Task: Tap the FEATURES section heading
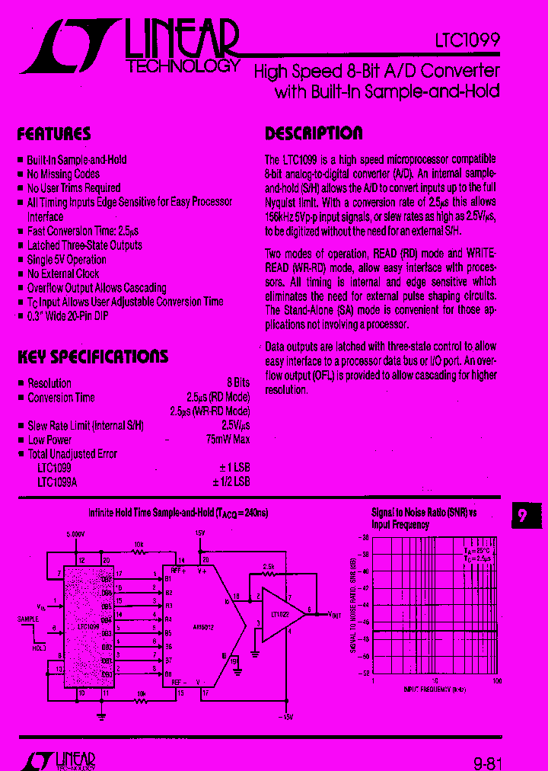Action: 54,134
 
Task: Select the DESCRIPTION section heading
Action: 314,133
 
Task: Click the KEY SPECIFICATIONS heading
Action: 93,357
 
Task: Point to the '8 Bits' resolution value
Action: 237,383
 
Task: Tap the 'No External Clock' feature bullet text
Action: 63,274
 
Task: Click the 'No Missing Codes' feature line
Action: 63,174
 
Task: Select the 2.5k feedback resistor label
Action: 269,568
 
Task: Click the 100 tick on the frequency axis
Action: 497,680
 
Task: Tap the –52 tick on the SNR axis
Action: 365,672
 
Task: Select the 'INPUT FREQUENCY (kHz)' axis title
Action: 435,689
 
